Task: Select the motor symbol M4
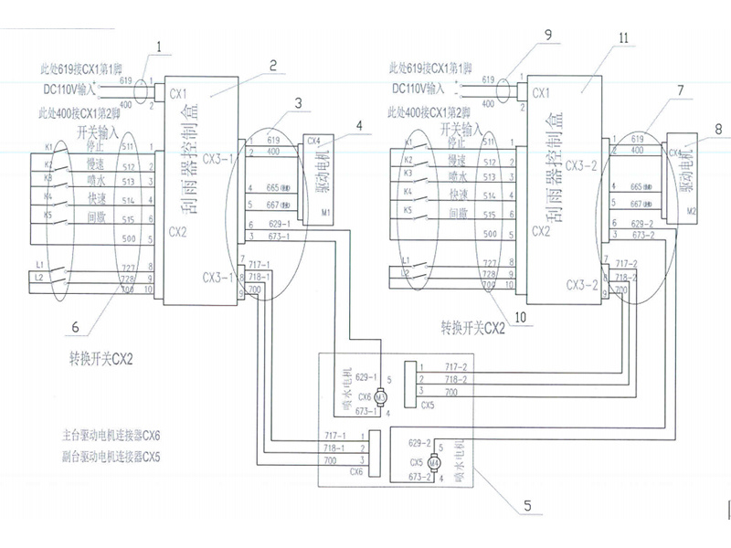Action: click(x=434, y=463)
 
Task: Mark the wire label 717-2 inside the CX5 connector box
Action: click(x=455, y=366)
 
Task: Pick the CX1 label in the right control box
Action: click(x=541, y=93)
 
